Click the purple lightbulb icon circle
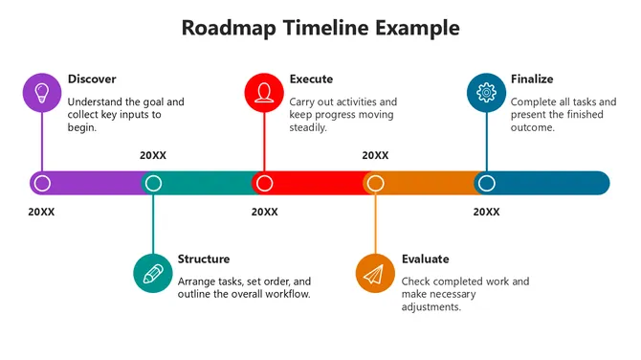[41, 93]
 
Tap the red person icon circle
[264, 93]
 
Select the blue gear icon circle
[486, 93]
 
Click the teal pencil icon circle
[152, 273]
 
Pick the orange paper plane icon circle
[375, 273]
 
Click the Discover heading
[92, 79]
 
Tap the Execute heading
[313, 79]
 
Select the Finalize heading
[532, 79]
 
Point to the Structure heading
[204, 259]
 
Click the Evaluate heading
[426, 259]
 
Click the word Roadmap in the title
[231, 28]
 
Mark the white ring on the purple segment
[41, 183]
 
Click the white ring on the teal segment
[152, 183]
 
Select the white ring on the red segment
[264, 183]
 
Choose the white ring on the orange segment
[375, 183]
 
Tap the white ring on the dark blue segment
[486, 183]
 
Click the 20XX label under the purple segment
[42, 212]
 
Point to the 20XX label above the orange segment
[375, 155]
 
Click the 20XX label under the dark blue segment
[486, 212]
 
